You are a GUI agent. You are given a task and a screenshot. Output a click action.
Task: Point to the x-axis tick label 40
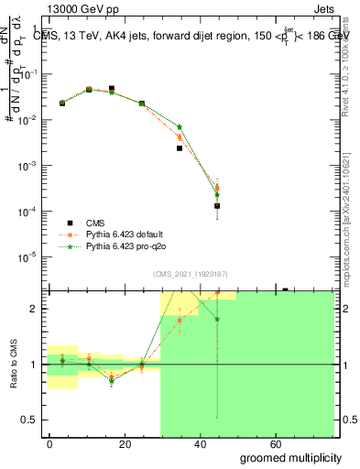[x=221, y=443]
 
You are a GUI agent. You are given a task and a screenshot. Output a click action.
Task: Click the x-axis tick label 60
[x=306, y=443]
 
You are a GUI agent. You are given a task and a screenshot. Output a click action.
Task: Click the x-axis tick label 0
[x=50, y=443]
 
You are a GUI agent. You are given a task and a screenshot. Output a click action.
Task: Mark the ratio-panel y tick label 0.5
[x=35, y=420]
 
